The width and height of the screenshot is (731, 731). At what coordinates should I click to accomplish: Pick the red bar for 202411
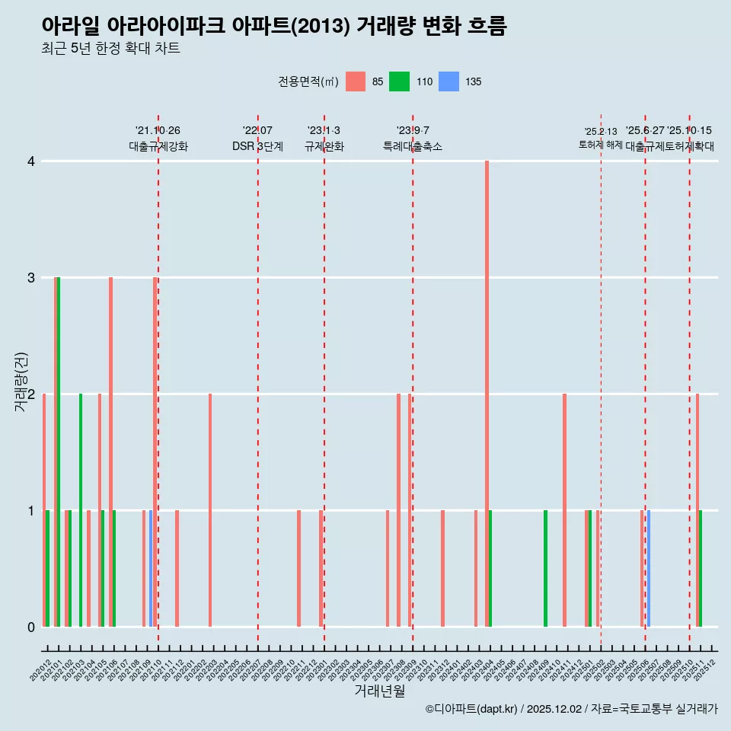564,510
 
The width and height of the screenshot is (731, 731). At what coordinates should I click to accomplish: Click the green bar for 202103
81,510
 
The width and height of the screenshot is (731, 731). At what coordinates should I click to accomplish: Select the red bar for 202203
210,510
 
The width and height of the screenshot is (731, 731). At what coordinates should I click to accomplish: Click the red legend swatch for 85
356,81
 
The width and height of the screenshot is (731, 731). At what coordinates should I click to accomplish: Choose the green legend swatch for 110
399,81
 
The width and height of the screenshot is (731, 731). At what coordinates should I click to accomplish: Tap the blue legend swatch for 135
449,81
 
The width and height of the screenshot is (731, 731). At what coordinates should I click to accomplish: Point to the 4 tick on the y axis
31,161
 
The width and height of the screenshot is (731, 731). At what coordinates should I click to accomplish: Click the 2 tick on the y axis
31,394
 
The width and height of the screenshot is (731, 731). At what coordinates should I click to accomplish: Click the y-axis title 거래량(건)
21,381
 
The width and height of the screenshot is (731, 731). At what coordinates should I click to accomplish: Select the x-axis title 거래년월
379,691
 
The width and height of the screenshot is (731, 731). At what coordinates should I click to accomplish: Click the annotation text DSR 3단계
257,146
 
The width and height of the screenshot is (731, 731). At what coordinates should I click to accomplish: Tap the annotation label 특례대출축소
412,146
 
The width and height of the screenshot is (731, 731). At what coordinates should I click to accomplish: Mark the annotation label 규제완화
324,146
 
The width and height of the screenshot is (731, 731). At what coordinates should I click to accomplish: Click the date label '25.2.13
601,132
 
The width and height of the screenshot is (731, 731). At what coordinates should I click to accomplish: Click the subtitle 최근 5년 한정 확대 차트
110,49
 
